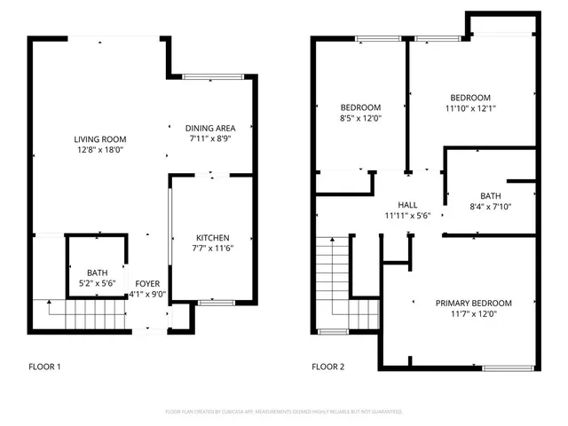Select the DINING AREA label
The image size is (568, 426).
tap(210, 128)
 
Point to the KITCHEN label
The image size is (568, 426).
tap(213, 238)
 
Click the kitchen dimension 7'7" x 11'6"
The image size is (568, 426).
tap(213, 248)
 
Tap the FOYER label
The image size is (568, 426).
tap(147, 284)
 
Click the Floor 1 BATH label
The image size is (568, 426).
tap(97, 272)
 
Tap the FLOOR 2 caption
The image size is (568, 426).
tap(328, 366)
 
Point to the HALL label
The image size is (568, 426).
tap(407, 204)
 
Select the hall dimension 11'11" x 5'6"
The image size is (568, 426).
tap(407, 215)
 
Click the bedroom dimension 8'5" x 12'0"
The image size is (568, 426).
tap(360, 118)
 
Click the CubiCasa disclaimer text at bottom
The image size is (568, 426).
tap(284, 412)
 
